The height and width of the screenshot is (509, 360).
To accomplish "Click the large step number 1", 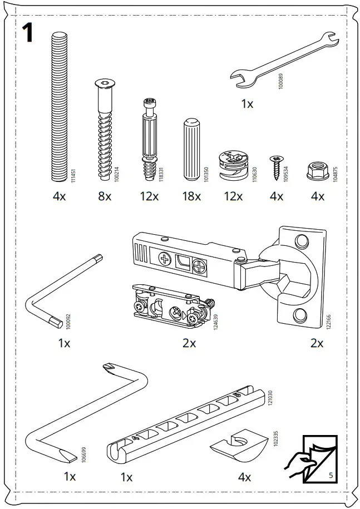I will (x=26, y=33).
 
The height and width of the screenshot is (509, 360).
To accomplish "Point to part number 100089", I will (x=281, y=82).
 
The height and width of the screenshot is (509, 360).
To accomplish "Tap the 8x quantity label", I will (x=105, y=196).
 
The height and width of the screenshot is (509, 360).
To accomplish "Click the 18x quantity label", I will (x=191, y=196).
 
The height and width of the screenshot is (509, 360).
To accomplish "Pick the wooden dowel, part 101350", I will (x=191, y=149).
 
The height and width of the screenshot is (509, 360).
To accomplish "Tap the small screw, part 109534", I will (x=275, y=167).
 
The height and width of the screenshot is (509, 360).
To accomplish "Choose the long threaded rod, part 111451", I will (x=60, y=106).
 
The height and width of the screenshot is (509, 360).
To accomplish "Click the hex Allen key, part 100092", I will (x=61, y=289).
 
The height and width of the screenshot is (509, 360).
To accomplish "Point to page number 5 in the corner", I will (x=330, y=476).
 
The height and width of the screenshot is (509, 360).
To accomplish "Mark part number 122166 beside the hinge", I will (x=328, y=323).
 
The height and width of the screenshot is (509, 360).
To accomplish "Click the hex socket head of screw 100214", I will (x=105, y=85).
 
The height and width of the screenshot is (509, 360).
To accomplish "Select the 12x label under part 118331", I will (x=149, y=196).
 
